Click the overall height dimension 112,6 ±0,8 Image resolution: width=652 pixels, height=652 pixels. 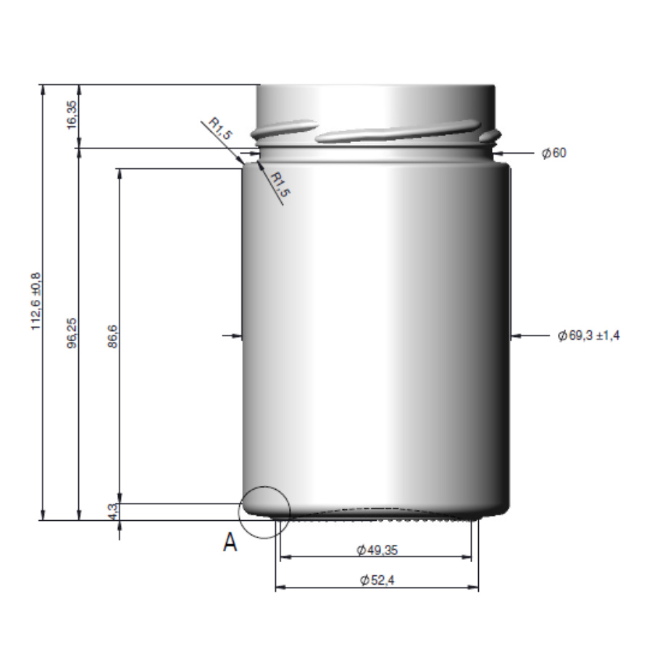point(35,301)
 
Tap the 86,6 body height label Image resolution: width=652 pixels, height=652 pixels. point(112,336)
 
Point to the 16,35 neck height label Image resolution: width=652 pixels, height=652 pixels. point(71,115)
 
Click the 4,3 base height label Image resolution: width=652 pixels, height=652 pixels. point(112,511)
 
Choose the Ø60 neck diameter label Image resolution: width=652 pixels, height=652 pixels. point(554,154)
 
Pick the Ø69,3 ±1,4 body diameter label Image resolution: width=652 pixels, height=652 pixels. point(589,335)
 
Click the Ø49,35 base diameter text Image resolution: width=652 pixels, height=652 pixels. point(377,550)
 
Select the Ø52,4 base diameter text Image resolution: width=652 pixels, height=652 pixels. point(377,580)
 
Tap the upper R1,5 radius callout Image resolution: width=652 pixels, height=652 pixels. point(220,129)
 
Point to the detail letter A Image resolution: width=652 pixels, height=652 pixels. point(230,543)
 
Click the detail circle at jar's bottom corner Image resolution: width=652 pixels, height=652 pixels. point(264,511)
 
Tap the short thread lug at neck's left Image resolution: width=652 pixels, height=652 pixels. point(283,128)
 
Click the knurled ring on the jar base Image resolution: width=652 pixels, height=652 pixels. point(377,517)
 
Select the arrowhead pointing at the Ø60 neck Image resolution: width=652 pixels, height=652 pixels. point(500,154)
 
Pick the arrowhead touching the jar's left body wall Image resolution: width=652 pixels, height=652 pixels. point(235,335)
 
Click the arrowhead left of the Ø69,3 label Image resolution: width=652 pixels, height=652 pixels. point(516,335)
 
